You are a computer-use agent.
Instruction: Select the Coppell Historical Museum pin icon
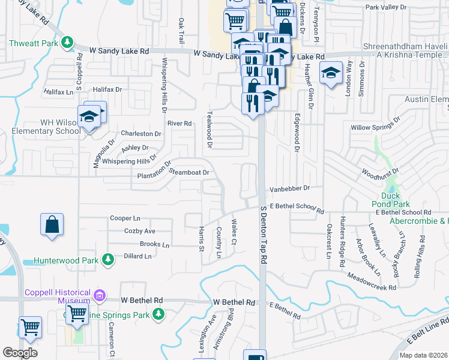pyautogui.click(x=100, y=295)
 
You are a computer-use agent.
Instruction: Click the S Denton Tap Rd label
pyautogui.click(x=263, y=235)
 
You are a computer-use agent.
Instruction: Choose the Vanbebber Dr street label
pyautogui.click(x=289, y=188)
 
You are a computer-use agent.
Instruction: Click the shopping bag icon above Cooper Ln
pyautogui.click(x=52, y=225)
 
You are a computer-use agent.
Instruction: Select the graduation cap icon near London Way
pyautogui.click(x=330, y=73)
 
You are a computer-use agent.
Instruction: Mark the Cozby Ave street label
pyautogui.click(x=139, y=231)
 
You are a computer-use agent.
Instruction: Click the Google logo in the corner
pyautogui.click(x=20, y=353)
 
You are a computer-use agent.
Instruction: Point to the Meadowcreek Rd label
pyautogui.click(x=372, y=282)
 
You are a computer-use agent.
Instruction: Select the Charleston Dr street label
pyautogui.click(x=141, y=134)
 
